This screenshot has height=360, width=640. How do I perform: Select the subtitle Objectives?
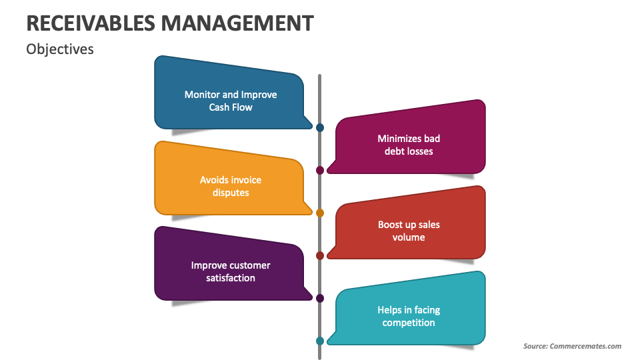(60, 49)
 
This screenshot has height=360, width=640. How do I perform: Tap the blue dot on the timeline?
(320, 127)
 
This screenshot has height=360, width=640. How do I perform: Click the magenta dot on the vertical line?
(320, 170)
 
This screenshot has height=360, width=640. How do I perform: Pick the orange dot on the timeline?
(320, 213)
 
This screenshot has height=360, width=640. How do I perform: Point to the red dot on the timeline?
(320, 255)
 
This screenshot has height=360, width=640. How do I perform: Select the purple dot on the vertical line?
(320, 298)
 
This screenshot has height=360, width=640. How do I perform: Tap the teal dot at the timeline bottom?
(320, 341)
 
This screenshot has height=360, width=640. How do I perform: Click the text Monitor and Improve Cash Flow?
(231, 101)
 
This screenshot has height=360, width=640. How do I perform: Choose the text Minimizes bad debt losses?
(409, 145)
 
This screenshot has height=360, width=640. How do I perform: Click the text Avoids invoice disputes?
(231, 186)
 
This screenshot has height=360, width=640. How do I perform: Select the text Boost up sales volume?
(409, 231)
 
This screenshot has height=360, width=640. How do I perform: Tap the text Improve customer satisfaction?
(231, 271)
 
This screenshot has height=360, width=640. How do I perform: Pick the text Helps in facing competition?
(409, 316)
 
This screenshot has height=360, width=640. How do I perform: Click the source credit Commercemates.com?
(572, 346)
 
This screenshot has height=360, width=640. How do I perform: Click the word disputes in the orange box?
(231, 193)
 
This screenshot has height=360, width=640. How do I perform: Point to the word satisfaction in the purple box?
(231, 278)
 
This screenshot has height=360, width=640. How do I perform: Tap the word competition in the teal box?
(409, 323)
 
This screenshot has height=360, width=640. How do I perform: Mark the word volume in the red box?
(409, 237)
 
